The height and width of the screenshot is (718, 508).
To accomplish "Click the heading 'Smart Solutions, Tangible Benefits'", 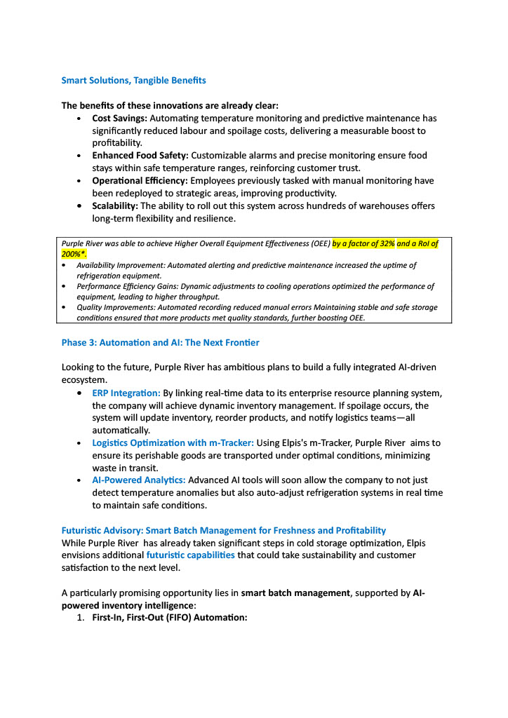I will coord(133,81).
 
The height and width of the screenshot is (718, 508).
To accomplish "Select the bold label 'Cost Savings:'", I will coord(119,118).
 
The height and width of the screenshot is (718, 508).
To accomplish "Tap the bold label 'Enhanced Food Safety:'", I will coord(140,155).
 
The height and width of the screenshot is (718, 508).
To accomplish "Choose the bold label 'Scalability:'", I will coord(115,205).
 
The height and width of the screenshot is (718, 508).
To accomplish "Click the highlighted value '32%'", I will coord(385,243).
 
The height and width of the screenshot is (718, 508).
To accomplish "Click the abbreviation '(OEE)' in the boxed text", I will coord(319,243).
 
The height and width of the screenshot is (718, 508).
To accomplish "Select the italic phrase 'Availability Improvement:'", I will coord(119,265).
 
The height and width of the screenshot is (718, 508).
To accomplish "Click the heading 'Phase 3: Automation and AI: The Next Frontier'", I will coord(160,342).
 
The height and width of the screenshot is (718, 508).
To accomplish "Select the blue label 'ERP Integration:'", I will coord(126,393).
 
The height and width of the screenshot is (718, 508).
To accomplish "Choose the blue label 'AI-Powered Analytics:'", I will coord(139,480).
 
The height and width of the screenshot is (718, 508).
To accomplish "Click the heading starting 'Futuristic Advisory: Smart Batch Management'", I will coord(223,530).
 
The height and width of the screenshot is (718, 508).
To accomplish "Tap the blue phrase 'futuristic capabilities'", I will coord(190,555).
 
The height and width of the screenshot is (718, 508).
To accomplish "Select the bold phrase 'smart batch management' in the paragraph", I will coord(295,592).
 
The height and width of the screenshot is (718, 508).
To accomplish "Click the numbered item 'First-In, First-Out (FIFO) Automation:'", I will coord(170,618).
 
